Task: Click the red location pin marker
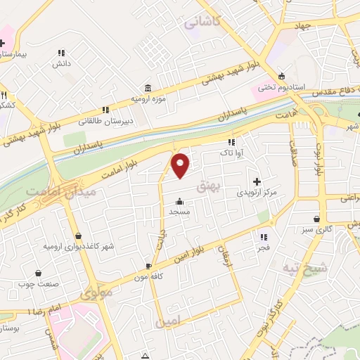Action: [181, 165]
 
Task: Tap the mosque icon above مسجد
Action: [180, 200]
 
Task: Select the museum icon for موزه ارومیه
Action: [148, 88]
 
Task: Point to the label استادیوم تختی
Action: [281, 87]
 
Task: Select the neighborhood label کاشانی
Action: [202, 22]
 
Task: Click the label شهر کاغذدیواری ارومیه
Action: [78, 246]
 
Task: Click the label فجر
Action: [264, 247]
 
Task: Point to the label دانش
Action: [60, 63]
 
